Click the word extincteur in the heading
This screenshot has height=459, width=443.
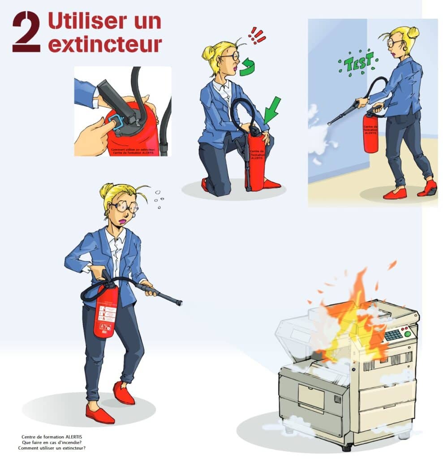[105, 44]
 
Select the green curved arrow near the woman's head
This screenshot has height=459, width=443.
[246, 67]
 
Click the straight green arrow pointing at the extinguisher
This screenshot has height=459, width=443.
[272, 110]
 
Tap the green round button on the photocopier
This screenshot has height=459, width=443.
[407, 333]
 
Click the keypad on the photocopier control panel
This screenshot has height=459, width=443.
[393, 335]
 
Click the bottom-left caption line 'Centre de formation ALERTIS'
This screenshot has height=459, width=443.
[52, 437]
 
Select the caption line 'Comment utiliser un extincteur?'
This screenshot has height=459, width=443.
[52, 448]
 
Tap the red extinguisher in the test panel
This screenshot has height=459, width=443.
[370, 133]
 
